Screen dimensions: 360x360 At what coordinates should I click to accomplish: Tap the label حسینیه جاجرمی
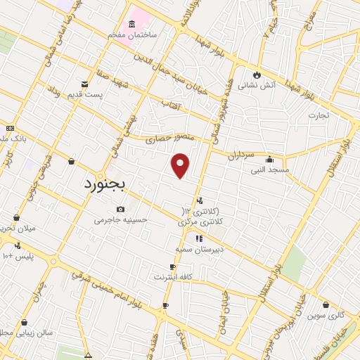click(122, 219)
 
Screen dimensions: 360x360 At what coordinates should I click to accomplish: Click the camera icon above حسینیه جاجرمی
click(121, 209)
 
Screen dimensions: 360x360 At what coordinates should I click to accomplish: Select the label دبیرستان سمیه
click(200, 249)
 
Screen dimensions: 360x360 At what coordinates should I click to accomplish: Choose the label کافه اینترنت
click(174, 277)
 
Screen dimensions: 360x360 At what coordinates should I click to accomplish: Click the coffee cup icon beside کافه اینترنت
click(173, 266)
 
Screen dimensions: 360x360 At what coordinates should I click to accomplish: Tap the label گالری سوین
click(326, 315)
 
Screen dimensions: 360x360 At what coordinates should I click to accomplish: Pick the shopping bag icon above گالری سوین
click(326, 304)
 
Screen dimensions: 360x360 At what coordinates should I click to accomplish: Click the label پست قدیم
click(89, 94)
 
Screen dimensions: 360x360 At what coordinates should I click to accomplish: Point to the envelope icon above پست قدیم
click(85, 84)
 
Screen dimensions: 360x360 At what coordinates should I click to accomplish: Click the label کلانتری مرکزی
click(197, 221)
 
